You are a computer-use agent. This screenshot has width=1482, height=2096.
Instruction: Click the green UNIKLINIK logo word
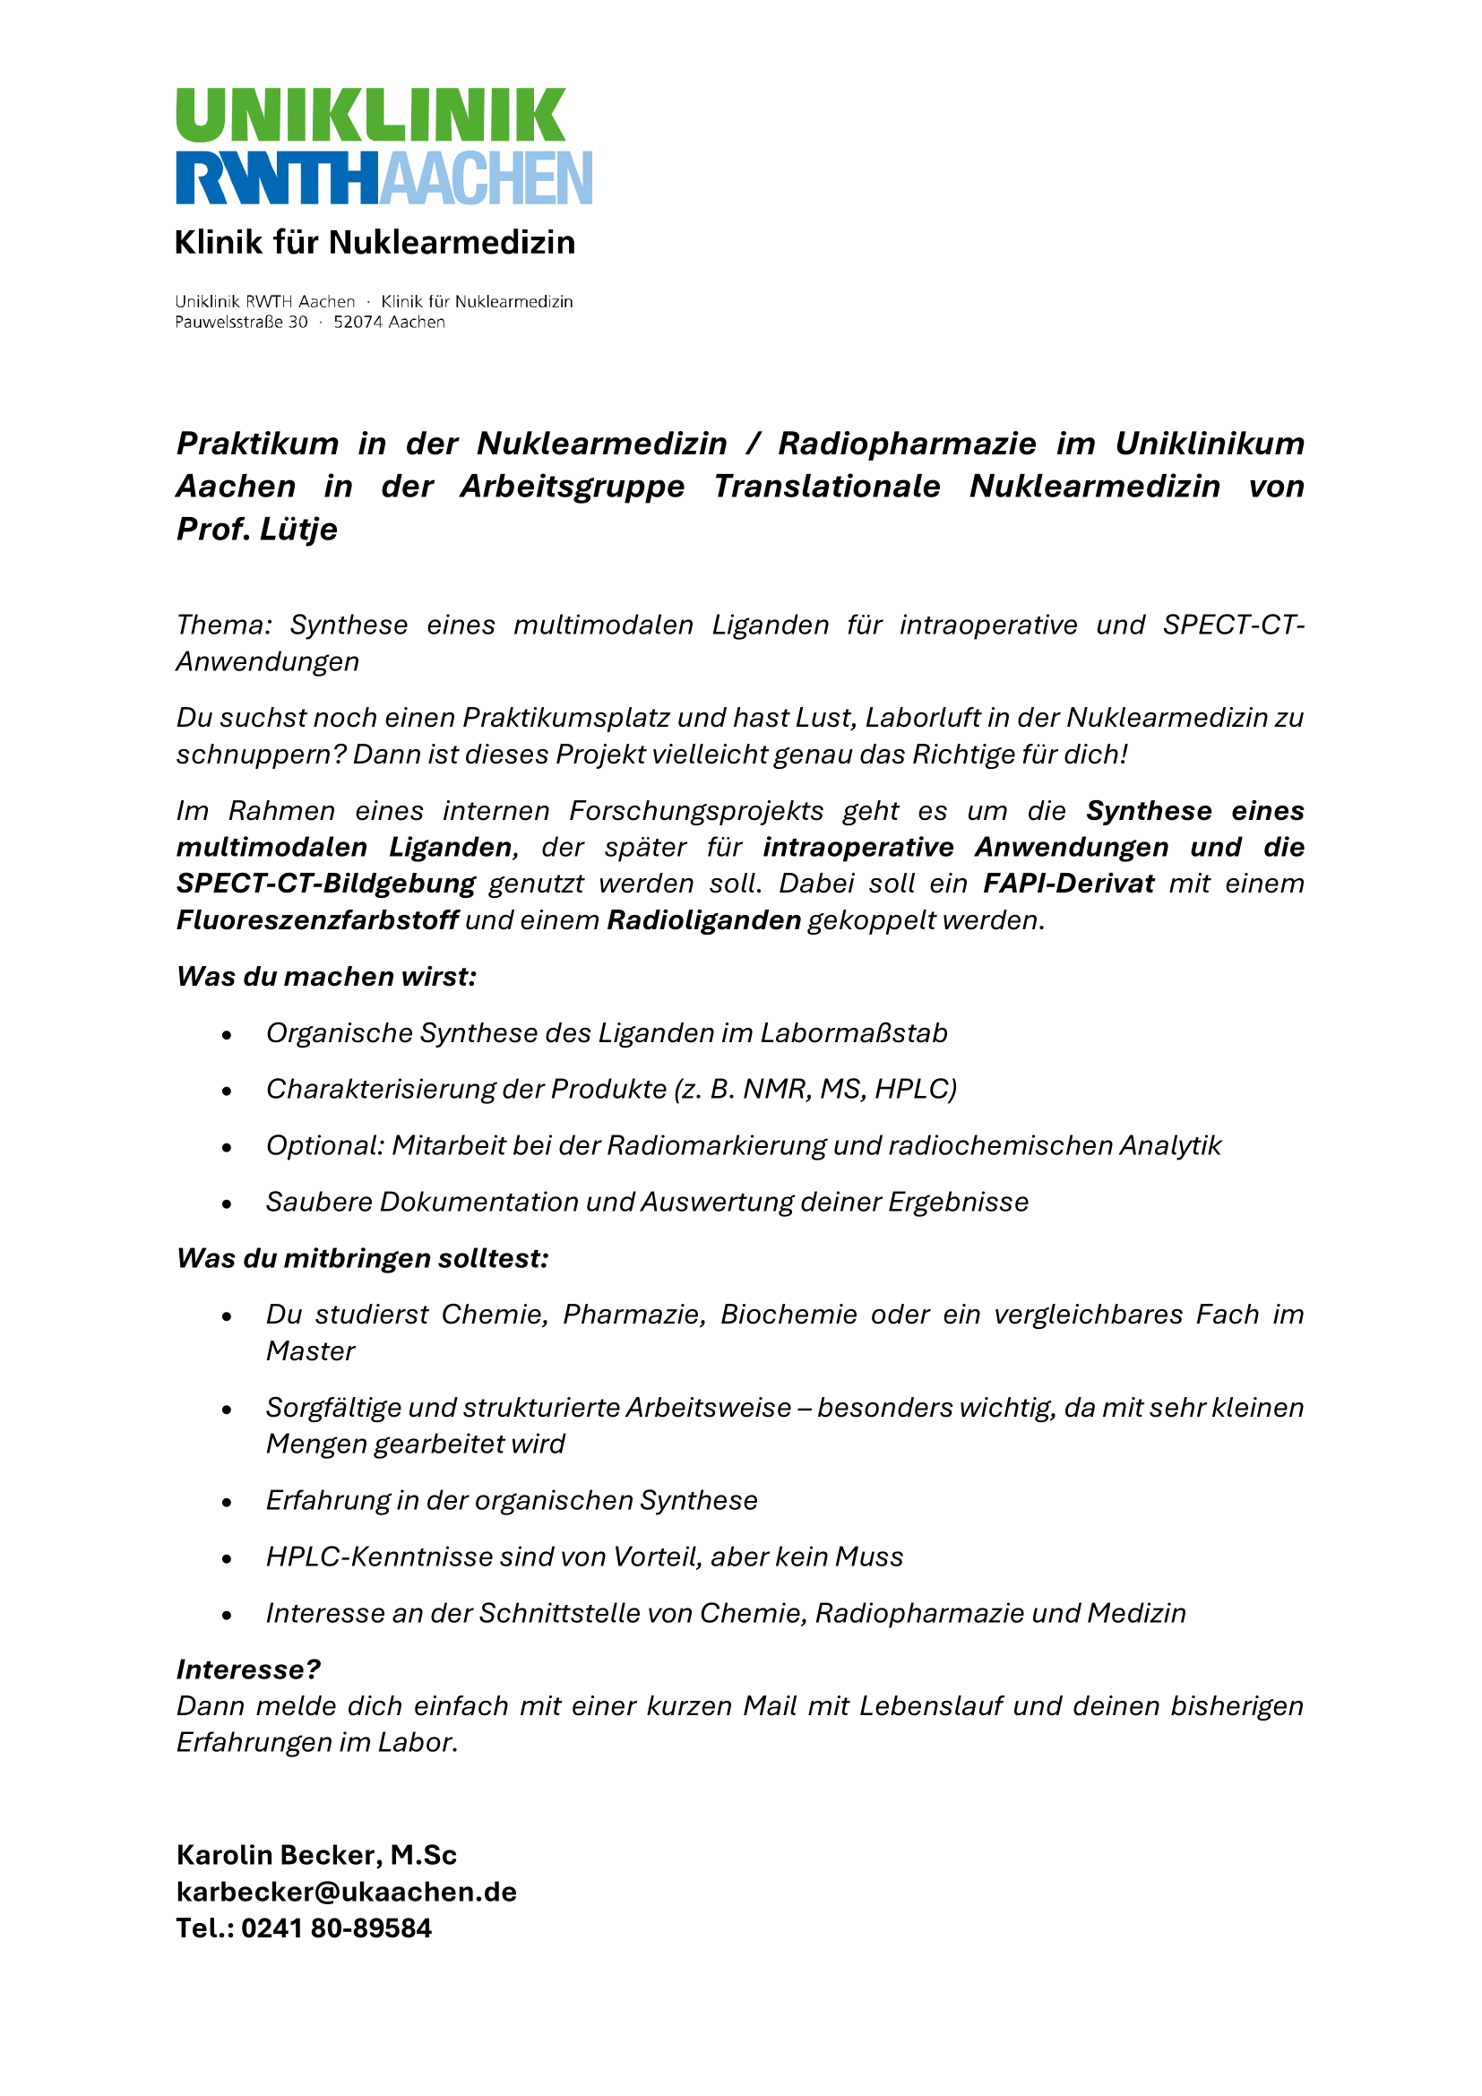371,115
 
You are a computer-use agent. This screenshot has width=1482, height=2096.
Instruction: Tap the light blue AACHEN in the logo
486,178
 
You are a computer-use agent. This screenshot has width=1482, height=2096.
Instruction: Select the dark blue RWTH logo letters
276,178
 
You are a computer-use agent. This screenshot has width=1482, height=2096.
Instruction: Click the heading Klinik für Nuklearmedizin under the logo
375,243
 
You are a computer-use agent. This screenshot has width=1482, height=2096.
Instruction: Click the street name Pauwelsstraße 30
241,323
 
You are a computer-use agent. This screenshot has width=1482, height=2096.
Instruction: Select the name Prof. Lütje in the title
256,530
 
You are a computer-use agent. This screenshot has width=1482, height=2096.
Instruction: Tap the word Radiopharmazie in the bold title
906,444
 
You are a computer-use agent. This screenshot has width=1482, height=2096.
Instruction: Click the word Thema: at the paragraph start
224,625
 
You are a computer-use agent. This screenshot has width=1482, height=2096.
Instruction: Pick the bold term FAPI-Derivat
1068,884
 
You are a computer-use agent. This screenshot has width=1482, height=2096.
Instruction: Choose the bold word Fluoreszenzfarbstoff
316,920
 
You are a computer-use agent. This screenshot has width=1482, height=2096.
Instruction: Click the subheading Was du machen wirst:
326,977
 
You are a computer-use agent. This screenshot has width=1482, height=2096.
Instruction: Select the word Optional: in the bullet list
325,1146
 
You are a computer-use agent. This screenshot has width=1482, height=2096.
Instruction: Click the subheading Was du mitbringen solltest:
362,1259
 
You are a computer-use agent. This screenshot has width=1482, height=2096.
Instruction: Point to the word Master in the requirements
310,1351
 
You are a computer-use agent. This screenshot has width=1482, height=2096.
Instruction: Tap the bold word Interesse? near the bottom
248,1669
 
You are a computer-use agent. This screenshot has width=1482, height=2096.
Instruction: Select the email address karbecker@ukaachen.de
346,1893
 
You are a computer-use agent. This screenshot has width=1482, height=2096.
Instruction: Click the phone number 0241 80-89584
336,1929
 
